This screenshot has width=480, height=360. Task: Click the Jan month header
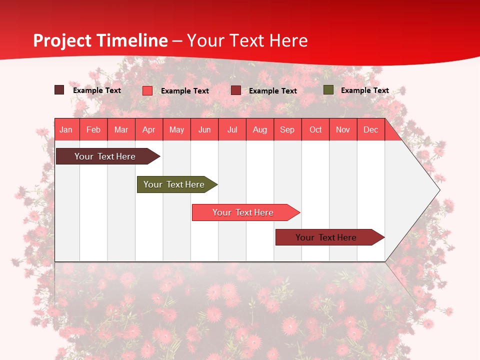[x=66, y=129]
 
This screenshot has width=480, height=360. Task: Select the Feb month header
[x=93, y=129]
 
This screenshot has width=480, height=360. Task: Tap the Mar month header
[x=121, y=129]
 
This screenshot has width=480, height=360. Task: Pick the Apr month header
[x=149, y=129]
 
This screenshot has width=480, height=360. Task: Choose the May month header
[x=176, y=129]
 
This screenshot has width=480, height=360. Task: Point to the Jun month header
[x=204, y=129]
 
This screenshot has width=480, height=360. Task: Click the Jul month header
[x=232, y=129]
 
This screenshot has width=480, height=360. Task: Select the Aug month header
[x=260, y=129]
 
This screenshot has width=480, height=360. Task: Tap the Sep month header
[x=287, y=129]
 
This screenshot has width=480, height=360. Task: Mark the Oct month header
[x=315, y=129]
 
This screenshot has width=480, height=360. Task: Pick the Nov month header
[x=343, y=129]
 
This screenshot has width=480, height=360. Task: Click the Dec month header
[x=370, y=129]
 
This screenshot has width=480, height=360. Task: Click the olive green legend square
[x=328, y=90]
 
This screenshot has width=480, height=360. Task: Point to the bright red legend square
[x=147, y=90]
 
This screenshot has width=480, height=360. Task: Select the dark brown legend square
[x=59, y=90]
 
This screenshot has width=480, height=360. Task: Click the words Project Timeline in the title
[x=100, y=40]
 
